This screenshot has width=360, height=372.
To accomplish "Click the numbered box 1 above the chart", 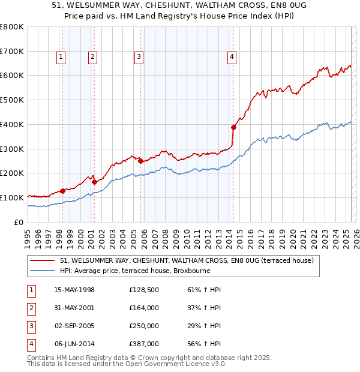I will tap(62, 57).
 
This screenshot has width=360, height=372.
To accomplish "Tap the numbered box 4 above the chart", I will tap(232, 57).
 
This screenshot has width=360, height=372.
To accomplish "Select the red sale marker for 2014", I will tap(233, 127).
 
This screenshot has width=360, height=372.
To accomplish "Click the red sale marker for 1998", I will tap(62, 191).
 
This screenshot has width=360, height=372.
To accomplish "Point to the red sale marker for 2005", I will tap(140, 161).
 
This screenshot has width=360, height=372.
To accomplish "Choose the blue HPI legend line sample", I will tap(43, 271).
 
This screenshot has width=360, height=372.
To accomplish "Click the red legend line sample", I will tap(43, 260).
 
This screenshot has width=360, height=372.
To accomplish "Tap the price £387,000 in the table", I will tap(144, 344).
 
